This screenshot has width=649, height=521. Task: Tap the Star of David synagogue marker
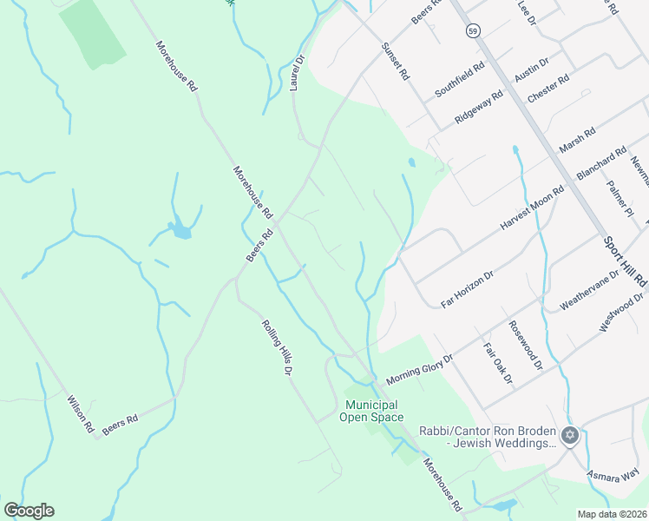click(569, 435)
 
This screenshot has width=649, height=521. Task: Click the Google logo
click(29, 511)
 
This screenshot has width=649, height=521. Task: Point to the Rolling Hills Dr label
click(276, 347)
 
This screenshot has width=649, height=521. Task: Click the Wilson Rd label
click(80, 414)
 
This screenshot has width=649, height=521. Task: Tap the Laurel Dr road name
click(297, 74)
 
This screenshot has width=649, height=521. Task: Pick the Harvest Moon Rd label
click(532, 207)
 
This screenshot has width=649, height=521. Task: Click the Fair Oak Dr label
click(498, 364)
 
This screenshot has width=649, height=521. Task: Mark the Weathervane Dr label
click(590, 288)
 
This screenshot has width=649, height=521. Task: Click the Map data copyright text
click(613, 514)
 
